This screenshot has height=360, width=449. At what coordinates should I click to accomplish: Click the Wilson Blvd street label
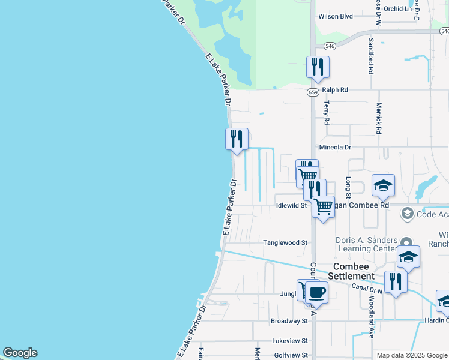pyautogui.click(x=335, y=33)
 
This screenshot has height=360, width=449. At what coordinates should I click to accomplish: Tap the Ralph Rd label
pyautogui.click(x=335, y=90)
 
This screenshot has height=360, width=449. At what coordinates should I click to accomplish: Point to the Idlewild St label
pyautogui.click(x=291, y=205)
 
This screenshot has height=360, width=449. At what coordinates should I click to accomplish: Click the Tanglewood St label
pyautogui.click(x=285, y=243)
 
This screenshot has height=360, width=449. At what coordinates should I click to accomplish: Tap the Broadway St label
pyautogui.click(x=289, y=321)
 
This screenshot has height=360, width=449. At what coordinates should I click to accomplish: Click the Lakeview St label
pyautogui.click(x=289, y=340)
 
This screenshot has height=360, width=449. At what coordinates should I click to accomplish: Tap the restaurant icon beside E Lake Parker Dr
pyautogui.click(x=237, y=139)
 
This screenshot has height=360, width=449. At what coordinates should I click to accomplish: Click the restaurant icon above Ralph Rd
pyautogui.click(x=318, y=67)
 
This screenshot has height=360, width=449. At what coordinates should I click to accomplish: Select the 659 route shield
pyautogui.click(x=313, y=92)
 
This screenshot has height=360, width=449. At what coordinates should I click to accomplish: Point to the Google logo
pyautogui.click(x=20, y=353)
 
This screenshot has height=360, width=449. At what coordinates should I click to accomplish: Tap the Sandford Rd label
pyautogui.click(x=371, y=56)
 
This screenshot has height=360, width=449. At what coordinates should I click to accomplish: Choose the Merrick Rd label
pyautogui.click(x=379, y=117)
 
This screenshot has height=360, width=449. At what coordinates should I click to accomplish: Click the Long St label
pyautogui.click(x=348, y=185)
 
